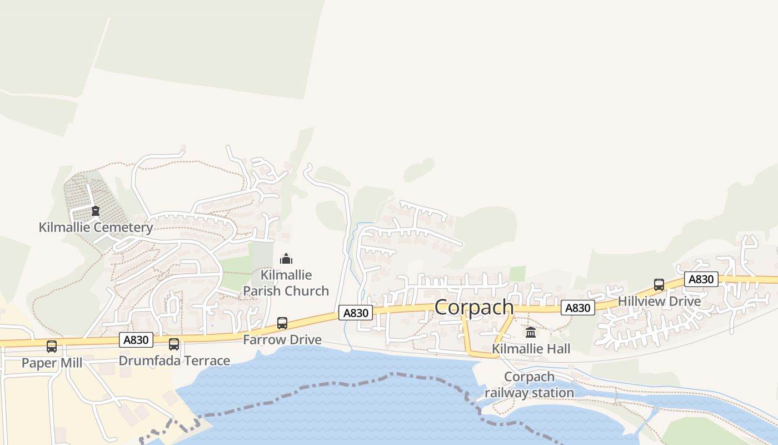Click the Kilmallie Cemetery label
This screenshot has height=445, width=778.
[96, 228]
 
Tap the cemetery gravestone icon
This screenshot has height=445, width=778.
[96, 211]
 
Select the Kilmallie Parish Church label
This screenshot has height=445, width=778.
[286, 283]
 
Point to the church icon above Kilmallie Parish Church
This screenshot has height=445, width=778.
[286, 259]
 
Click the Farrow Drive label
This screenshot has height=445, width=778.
[282, 339]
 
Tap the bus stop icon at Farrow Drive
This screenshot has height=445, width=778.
[282, 323]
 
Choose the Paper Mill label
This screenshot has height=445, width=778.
[52, 363]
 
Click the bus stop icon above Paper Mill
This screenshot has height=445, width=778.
[52, 347]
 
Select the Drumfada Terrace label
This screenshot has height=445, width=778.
[174, 360]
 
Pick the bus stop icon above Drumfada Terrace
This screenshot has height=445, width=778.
[174, 344]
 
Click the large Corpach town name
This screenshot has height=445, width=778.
[474, 307]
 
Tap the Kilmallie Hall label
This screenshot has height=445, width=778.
[531, 349]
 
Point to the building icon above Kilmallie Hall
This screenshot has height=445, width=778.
[531, 333]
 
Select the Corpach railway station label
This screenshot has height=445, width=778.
[529, 384]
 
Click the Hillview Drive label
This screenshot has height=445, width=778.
[659, 301]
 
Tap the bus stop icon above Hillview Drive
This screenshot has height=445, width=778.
[659, 285]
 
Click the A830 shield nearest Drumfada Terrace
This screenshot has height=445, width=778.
[136, 340]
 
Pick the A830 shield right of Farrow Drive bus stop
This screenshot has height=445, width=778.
[356, 313]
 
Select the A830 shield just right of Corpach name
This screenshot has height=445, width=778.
[577, 308]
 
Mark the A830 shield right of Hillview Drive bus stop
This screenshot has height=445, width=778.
[701, 279]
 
